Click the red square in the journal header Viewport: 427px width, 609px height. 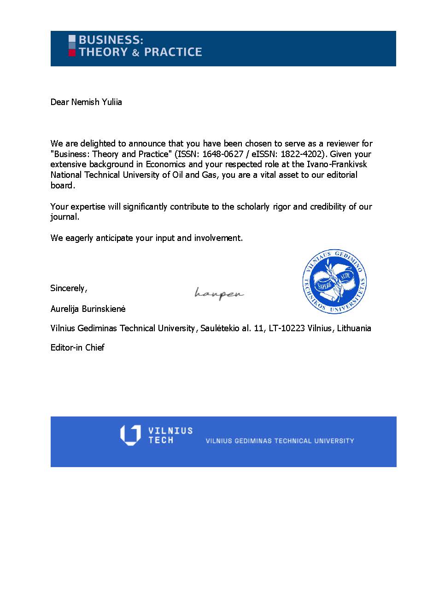tap(72, 53)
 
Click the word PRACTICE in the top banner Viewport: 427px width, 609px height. tap(171, 52)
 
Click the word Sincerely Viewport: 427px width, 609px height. tap(68, 288)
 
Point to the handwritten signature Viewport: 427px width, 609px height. tap(219, 293)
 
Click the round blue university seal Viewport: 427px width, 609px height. tap(334, 281)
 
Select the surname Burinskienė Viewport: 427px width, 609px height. tap(104, 309)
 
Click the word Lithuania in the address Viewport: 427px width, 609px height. tap(354, 328)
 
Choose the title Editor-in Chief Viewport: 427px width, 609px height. tap(77, 347)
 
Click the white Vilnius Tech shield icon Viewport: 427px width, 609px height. tap(130, 435)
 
